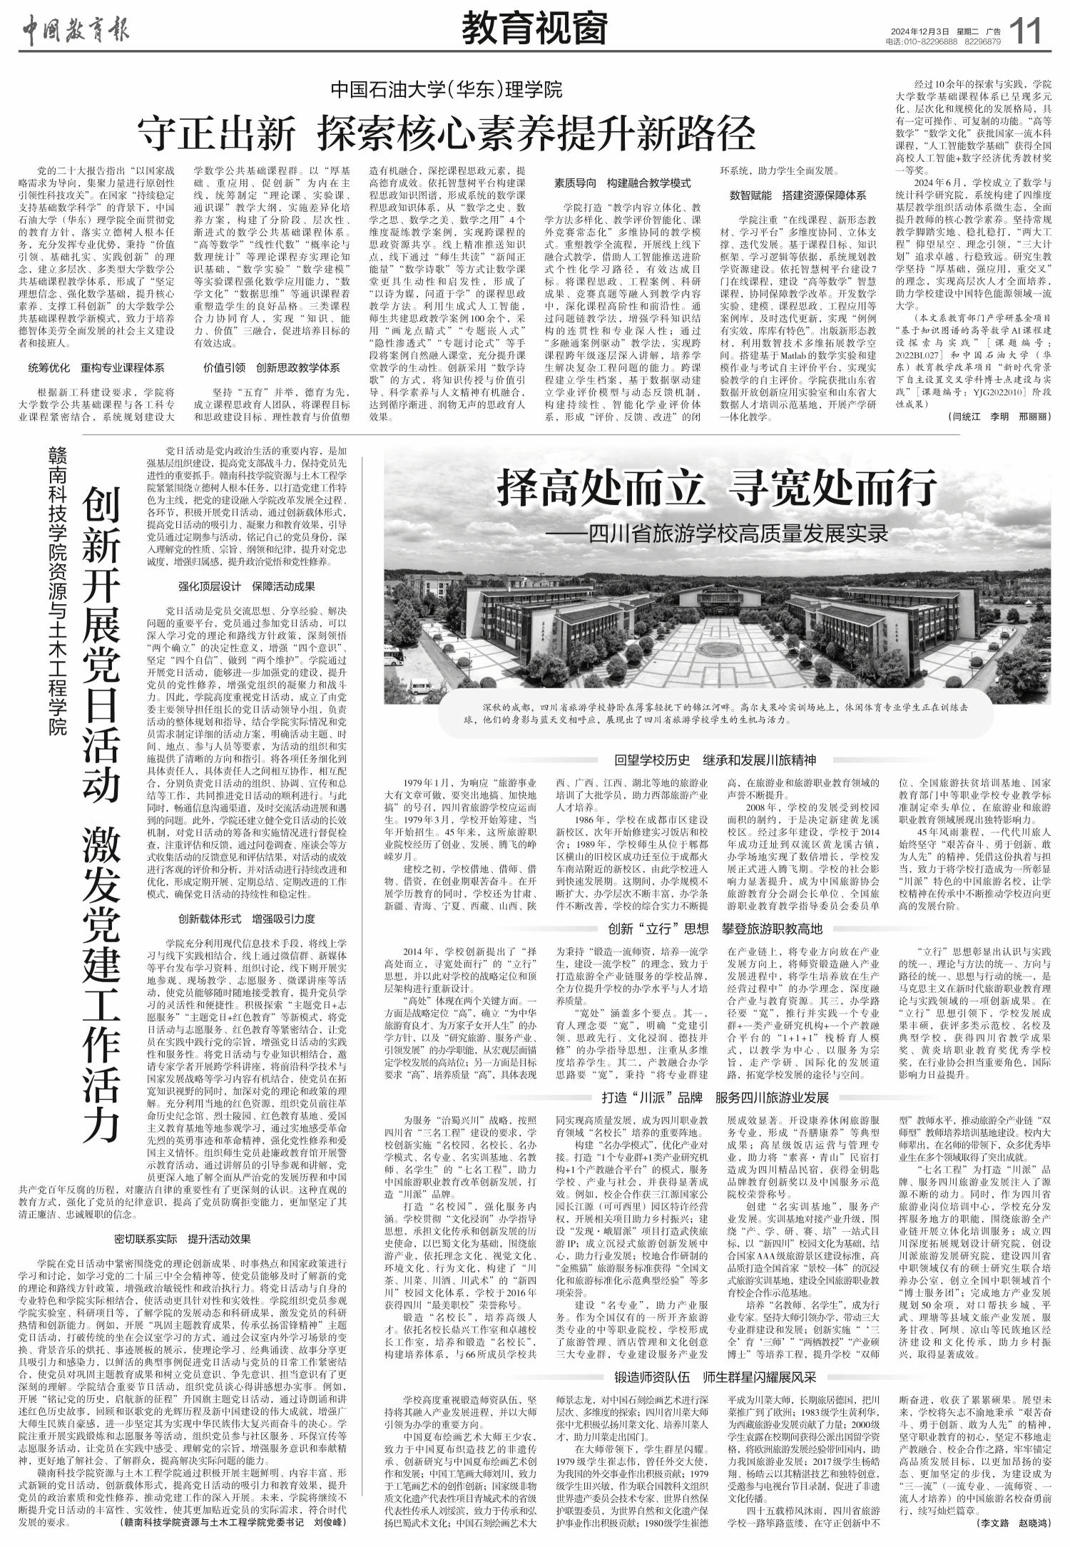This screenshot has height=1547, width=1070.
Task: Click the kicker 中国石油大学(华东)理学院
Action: pos(447,90)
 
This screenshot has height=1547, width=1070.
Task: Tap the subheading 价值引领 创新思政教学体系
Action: pos(272,368)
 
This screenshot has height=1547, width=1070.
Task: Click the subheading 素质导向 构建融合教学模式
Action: pos(623,183)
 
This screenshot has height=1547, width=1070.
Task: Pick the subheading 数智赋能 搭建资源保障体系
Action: pos(798,195)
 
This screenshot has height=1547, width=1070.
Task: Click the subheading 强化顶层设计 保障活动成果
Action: pos(247,587)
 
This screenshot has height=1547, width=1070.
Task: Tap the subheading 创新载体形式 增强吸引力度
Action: pos(247,919)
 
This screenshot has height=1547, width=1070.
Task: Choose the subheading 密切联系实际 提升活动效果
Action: pos(183,1238)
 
